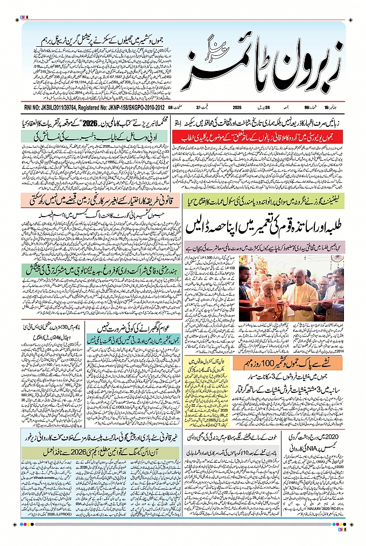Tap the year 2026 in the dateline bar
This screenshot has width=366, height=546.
(237, 107)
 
